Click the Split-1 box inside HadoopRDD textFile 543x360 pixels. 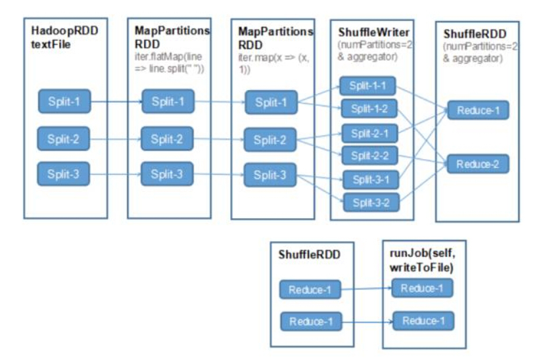[64, 101]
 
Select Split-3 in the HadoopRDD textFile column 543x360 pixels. [63, 174]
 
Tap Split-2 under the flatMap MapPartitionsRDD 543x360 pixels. [167, 139]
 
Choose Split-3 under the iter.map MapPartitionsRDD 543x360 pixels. [270, 175]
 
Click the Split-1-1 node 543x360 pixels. [367, 86]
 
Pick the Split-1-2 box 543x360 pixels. [369, 108]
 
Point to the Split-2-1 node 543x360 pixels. [369, 133]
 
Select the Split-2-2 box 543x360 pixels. [370, 156]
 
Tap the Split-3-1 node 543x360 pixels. [371, 179]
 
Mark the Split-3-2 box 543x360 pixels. [371, 202]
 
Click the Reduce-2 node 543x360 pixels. [478, 164]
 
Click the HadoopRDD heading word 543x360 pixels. [65, 30]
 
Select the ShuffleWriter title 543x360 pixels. [373, 32]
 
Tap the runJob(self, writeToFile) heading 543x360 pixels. [422, 260]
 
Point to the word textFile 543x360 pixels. [51, 44]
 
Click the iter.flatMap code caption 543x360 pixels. [170, 62]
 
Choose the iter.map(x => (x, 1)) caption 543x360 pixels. [273, 63]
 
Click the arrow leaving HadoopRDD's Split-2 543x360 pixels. [116, 139]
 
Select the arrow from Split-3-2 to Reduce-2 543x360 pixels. [423, 183]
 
